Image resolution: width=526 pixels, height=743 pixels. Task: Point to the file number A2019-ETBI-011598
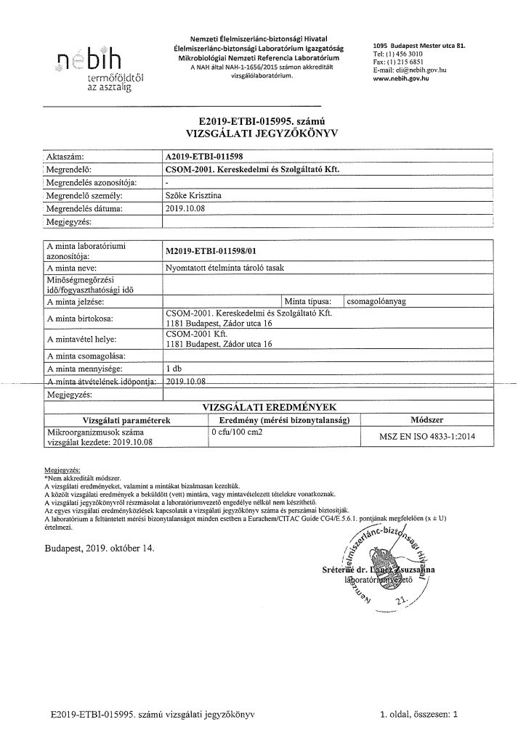tap(210, 156)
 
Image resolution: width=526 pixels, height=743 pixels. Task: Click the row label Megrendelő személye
tap(81, 196)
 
